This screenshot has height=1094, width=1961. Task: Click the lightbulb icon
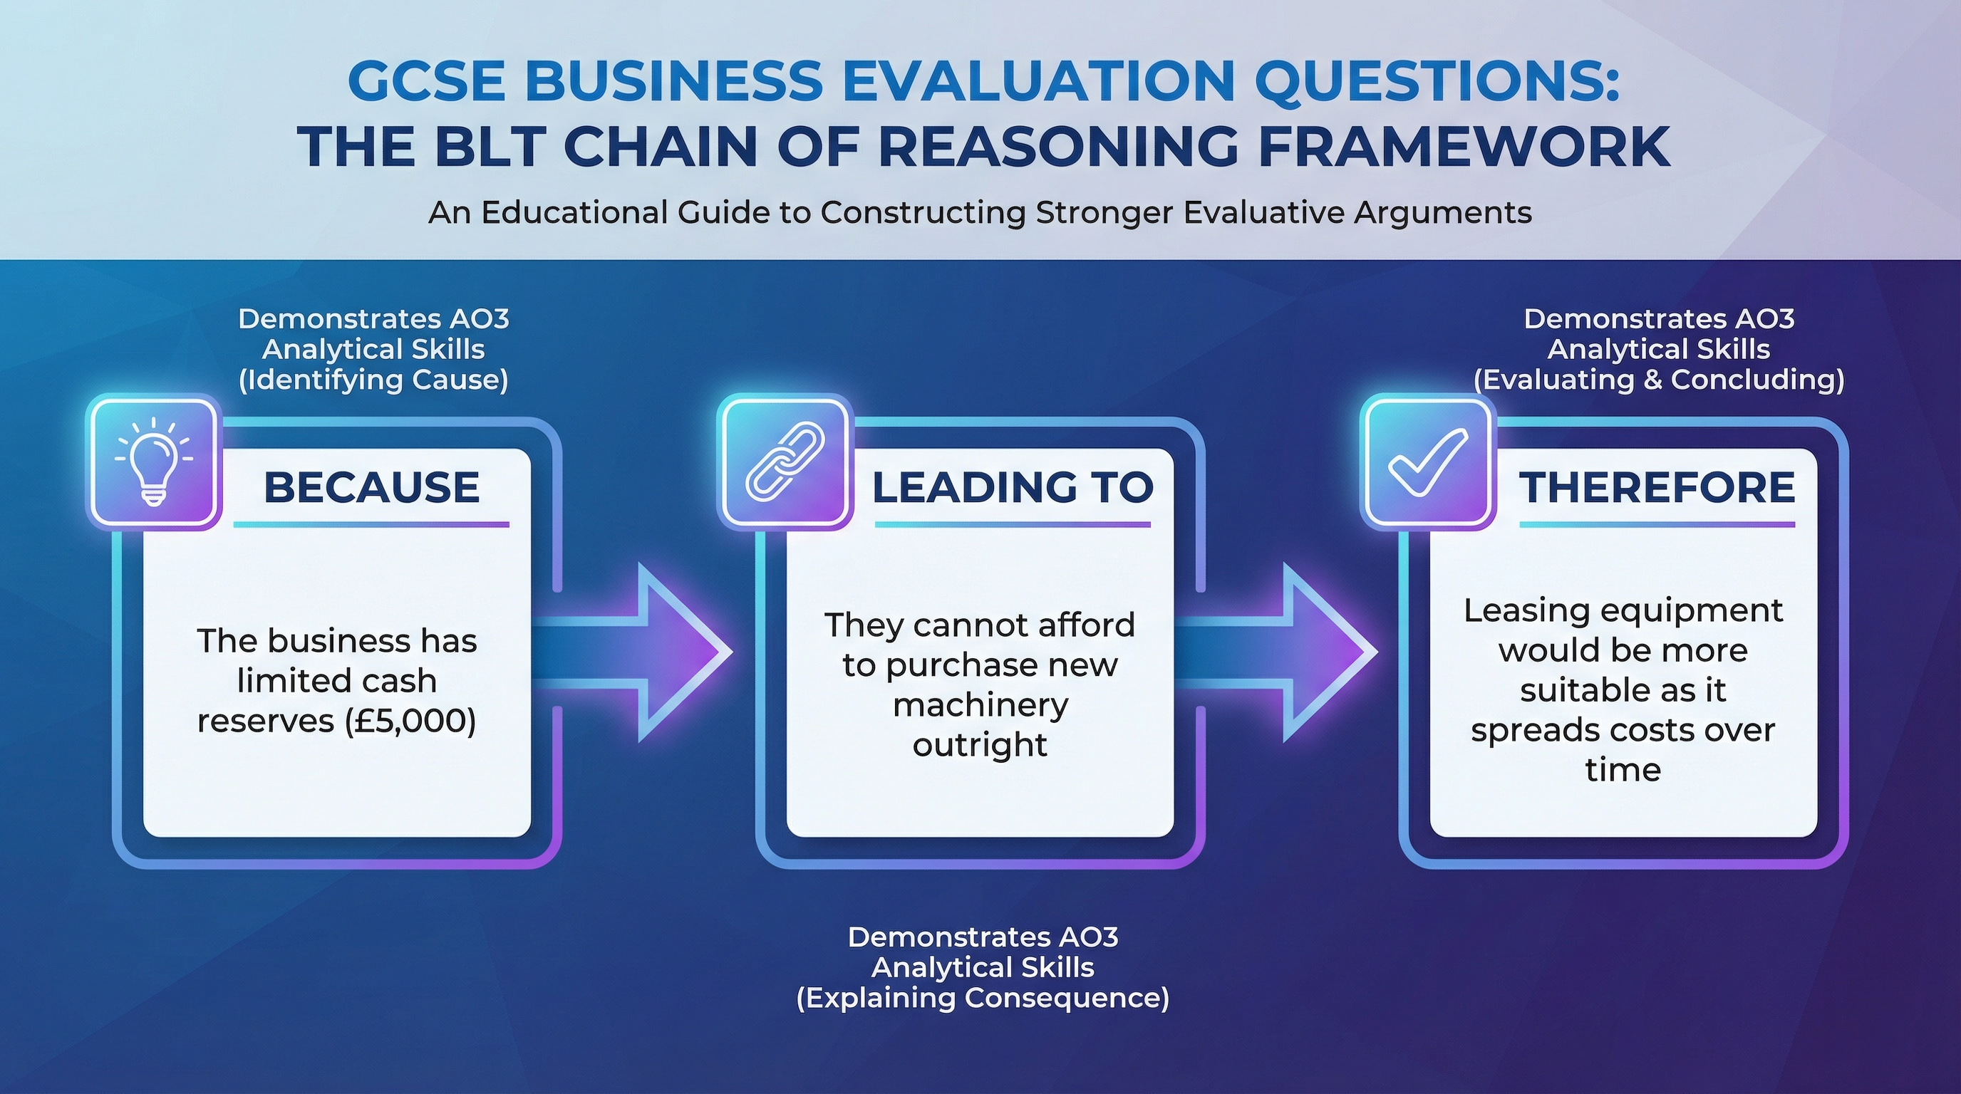tap(153, 461)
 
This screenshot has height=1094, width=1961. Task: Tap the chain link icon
tap(785, 461)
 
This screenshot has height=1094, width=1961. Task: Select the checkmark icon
tap(1427, 461)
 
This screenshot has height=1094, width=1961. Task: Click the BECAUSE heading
tap(371, 487)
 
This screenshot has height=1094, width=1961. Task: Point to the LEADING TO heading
tap(1013, 487)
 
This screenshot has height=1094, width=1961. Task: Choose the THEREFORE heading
tap(1657, 487)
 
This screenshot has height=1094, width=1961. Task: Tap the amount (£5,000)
tap(410, 721)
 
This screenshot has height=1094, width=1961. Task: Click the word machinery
tap(980, 705)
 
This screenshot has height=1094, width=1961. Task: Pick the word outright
tap(980, 745)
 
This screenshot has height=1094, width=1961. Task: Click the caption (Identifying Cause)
tap(373, 380)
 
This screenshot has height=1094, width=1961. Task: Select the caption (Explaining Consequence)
tap(982, 997)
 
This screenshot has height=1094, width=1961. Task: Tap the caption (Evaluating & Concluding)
tap(1659, 380)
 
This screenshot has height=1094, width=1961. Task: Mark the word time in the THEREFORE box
tap(1623, 770)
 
